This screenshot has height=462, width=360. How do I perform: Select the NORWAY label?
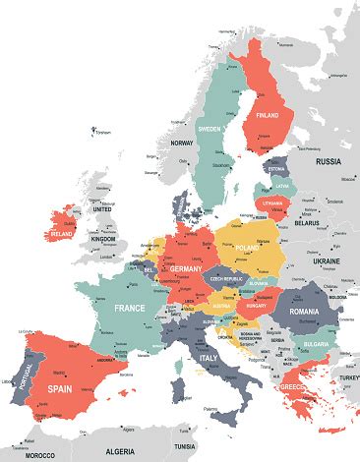click(x=181, y=144)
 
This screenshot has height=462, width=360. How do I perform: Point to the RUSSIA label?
click(x=328, y=160)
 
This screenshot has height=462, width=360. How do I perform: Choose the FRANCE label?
click(x=129, y=308)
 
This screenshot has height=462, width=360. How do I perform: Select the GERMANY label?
click(x=186, y=268)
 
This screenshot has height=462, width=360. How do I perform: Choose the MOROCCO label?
click(x=39, y=456)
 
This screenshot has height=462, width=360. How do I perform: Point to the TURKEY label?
click(x=348, y=378)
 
